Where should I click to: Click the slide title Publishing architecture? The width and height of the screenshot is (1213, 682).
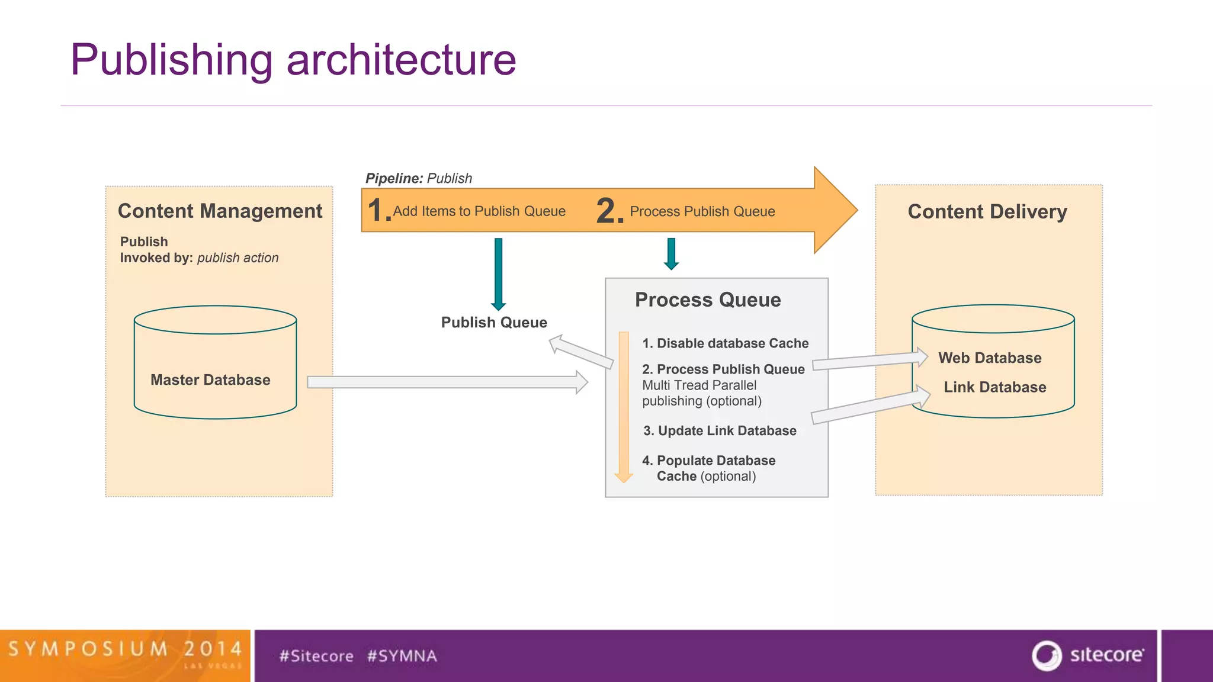tap(293, 60)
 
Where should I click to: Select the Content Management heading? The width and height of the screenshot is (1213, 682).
tap(220, 211)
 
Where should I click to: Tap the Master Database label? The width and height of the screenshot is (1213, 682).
tap(210, 380)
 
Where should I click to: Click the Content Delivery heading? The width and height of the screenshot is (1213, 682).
tap(987, 212)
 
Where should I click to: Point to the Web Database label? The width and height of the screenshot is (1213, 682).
tap(990, 358)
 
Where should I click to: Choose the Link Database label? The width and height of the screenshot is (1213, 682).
tap(994, 387)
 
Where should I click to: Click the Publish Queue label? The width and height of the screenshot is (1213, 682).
tap(494, 323)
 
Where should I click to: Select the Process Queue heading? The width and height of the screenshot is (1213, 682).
tap(708, 300)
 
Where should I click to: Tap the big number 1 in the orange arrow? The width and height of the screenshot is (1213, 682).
tap(377, 211)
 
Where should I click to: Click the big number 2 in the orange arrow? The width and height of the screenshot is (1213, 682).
tap(608, 211)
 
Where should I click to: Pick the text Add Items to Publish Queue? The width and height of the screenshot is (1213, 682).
tap(479, 211)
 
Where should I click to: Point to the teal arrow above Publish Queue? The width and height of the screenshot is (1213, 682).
tap(499, 272)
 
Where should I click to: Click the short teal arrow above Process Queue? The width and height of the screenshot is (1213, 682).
tap(671, 253)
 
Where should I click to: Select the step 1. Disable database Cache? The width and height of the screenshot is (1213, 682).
tap(725, 343)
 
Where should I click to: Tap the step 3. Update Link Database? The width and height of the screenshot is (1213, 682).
tap(720, 431)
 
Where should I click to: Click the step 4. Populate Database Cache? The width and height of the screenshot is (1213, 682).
tap(708, 468)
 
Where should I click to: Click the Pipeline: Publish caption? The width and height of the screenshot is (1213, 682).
tap(419, 178)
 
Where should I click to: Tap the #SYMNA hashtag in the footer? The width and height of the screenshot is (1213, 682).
tap(402, 656)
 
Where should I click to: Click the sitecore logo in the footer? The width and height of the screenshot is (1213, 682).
tap(1088, 655)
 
